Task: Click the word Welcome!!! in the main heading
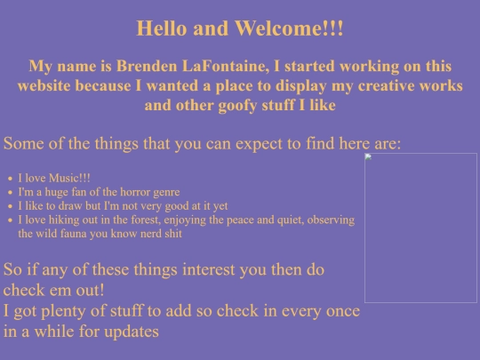[289, 28]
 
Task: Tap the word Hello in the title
[161, 28]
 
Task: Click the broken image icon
[368, 157]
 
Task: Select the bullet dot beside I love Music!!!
[11, 179]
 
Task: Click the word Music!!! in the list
[69, 178]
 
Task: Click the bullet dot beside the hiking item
[11, 220]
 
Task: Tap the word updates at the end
[132, 332]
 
